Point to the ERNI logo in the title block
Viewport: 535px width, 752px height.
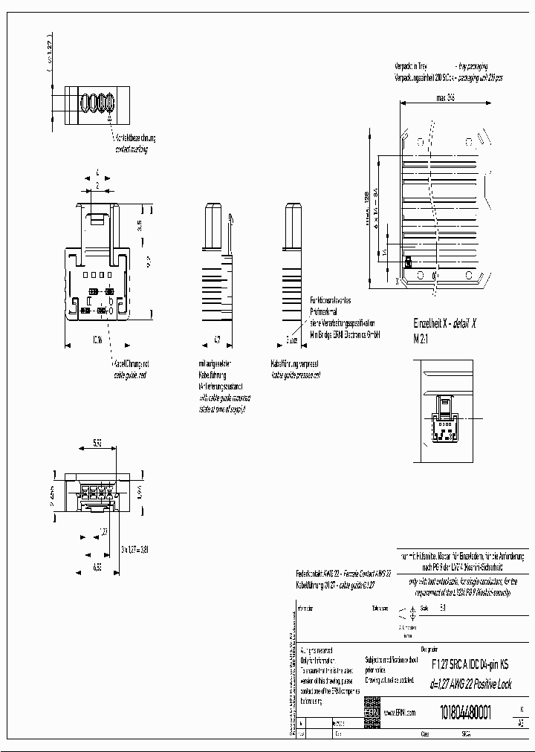[372, 711]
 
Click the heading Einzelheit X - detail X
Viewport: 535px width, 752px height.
[444, 323]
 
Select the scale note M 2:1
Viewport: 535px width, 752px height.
[422, 338]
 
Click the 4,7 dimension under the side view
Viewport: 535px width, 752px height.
[218, 340]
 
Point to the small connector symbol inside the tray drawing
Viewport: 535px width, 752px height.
[408, 262]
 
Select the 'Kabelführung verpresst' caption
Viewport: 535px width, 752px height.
[296, 365]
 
